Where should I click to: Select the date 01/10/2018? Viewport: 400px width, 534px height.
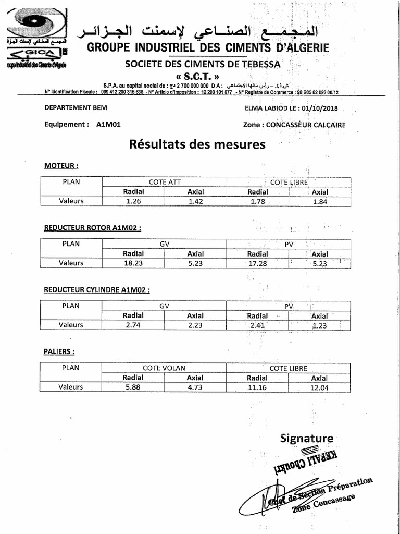(319, 108)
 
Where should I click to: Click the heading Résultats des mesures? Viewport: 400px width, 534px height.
(197, 144)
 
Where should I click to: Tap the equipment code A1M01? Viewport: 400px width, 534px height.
(108, 125)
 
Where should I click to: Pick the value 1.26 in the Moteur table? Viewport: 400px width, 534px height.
(133, 201)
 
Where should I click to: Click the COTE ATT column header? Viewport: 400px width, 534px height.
(164, 182)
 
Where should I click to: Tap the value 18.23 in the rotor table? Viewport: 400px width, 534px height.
(133, 263)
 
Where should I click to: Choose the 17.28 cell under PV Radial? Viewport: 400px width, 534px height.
(257, 263)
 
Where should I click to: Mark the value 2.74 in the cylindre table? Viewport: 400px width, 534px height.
(133, 325)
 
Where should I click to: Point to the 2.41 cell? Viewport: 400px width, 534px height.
(257, 325)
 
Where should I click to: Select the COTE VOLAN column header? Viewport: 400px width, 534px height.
(164, 368)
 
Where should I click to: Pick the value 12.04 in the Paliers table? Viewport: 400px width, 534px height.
(319, 387)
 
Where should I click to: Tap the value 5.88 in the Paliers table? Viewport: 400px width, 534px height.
(133, 387)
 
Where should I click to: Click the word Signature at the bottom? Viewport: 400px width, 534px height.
(306, 438)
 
